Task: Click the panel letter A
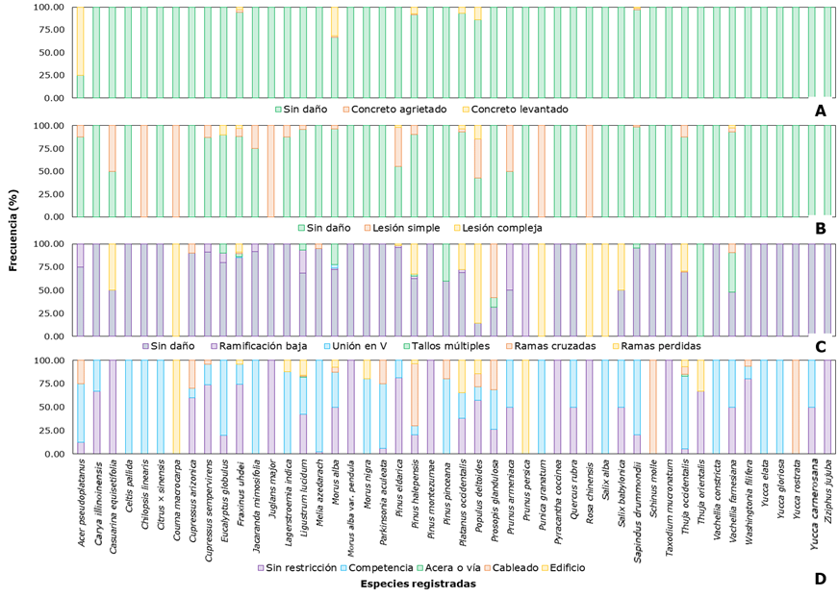(x=820, y=111)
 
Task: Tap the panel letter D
(x=820, y=579)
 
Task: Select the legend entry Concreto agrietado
(x=397, y=110)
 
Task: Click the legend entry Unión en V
(x=366, y=346)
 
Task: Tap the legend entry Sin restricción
(x=308, y=567)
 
